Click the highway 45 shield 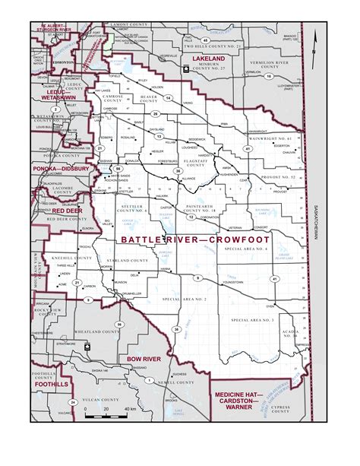pyautogui.click(x=205, y=40)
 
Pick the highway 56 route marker pyautogui.click(x=107, y=168)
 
